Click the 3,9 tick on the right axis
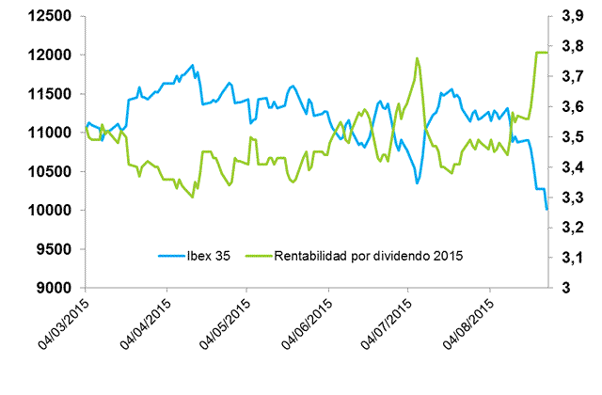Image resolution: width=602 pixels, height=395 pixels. [x=571, y=17]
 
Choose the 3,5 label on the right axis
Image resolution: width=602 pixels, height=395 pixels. [x=571, y=137]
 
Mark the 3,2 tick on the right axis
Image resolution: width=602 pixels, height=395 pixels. [x=571, y=228]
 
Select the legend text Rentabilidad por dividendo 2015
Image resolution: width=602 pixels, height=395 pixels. [x=369, y=255]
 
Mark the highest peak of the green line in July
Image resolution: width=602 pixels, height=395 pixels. [x=417, y=58]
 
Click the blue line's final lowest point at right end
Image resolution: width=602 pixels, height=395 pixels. [x=547, y=210]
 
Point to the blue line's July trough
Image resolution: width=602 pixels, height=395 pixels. [x=418, y=182]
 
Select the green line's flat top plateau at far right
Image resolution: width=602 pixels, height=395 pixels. [x=541, y=53]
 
